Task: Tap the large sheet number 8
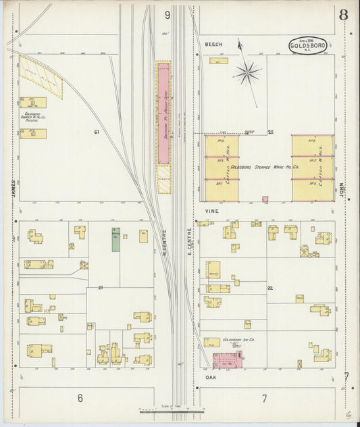[344, 15]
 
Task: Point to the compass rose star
[247, 71]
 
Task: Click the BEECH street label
[213, 44]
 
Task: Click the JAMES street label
[13, 189]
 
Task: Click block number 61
[97, 132]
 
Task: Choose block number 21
[100, 288]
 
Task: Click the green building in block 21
[115, 238]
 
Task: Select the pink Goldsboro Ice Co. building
[227, 360]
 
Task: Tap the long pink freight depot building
[163, 114]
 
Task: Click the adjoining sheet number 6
[80, 398]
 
